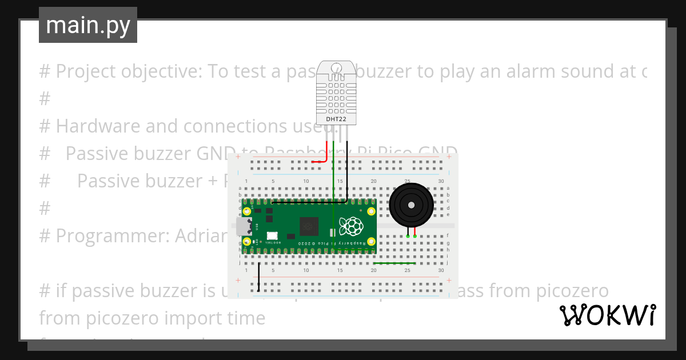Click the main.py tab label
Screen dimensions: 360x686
click(87, 25)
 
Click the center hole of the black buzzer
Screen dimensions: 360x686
click(410, 205)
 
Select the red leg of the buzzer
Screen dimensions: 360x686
click(414, 233)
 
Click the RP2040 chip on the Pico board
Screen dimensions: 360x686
click(309, 226)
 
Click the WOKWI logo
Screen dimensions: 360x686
click(607, 315)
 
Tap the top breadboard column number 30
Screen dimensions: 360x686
click(441, 181)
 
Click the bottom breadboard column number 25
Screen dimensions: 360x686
click(407, 270)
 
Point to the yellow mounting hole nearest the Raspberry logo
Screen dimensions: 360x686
click(371, 212)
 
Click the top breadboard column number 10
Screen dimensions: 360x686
click(306, 181)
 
